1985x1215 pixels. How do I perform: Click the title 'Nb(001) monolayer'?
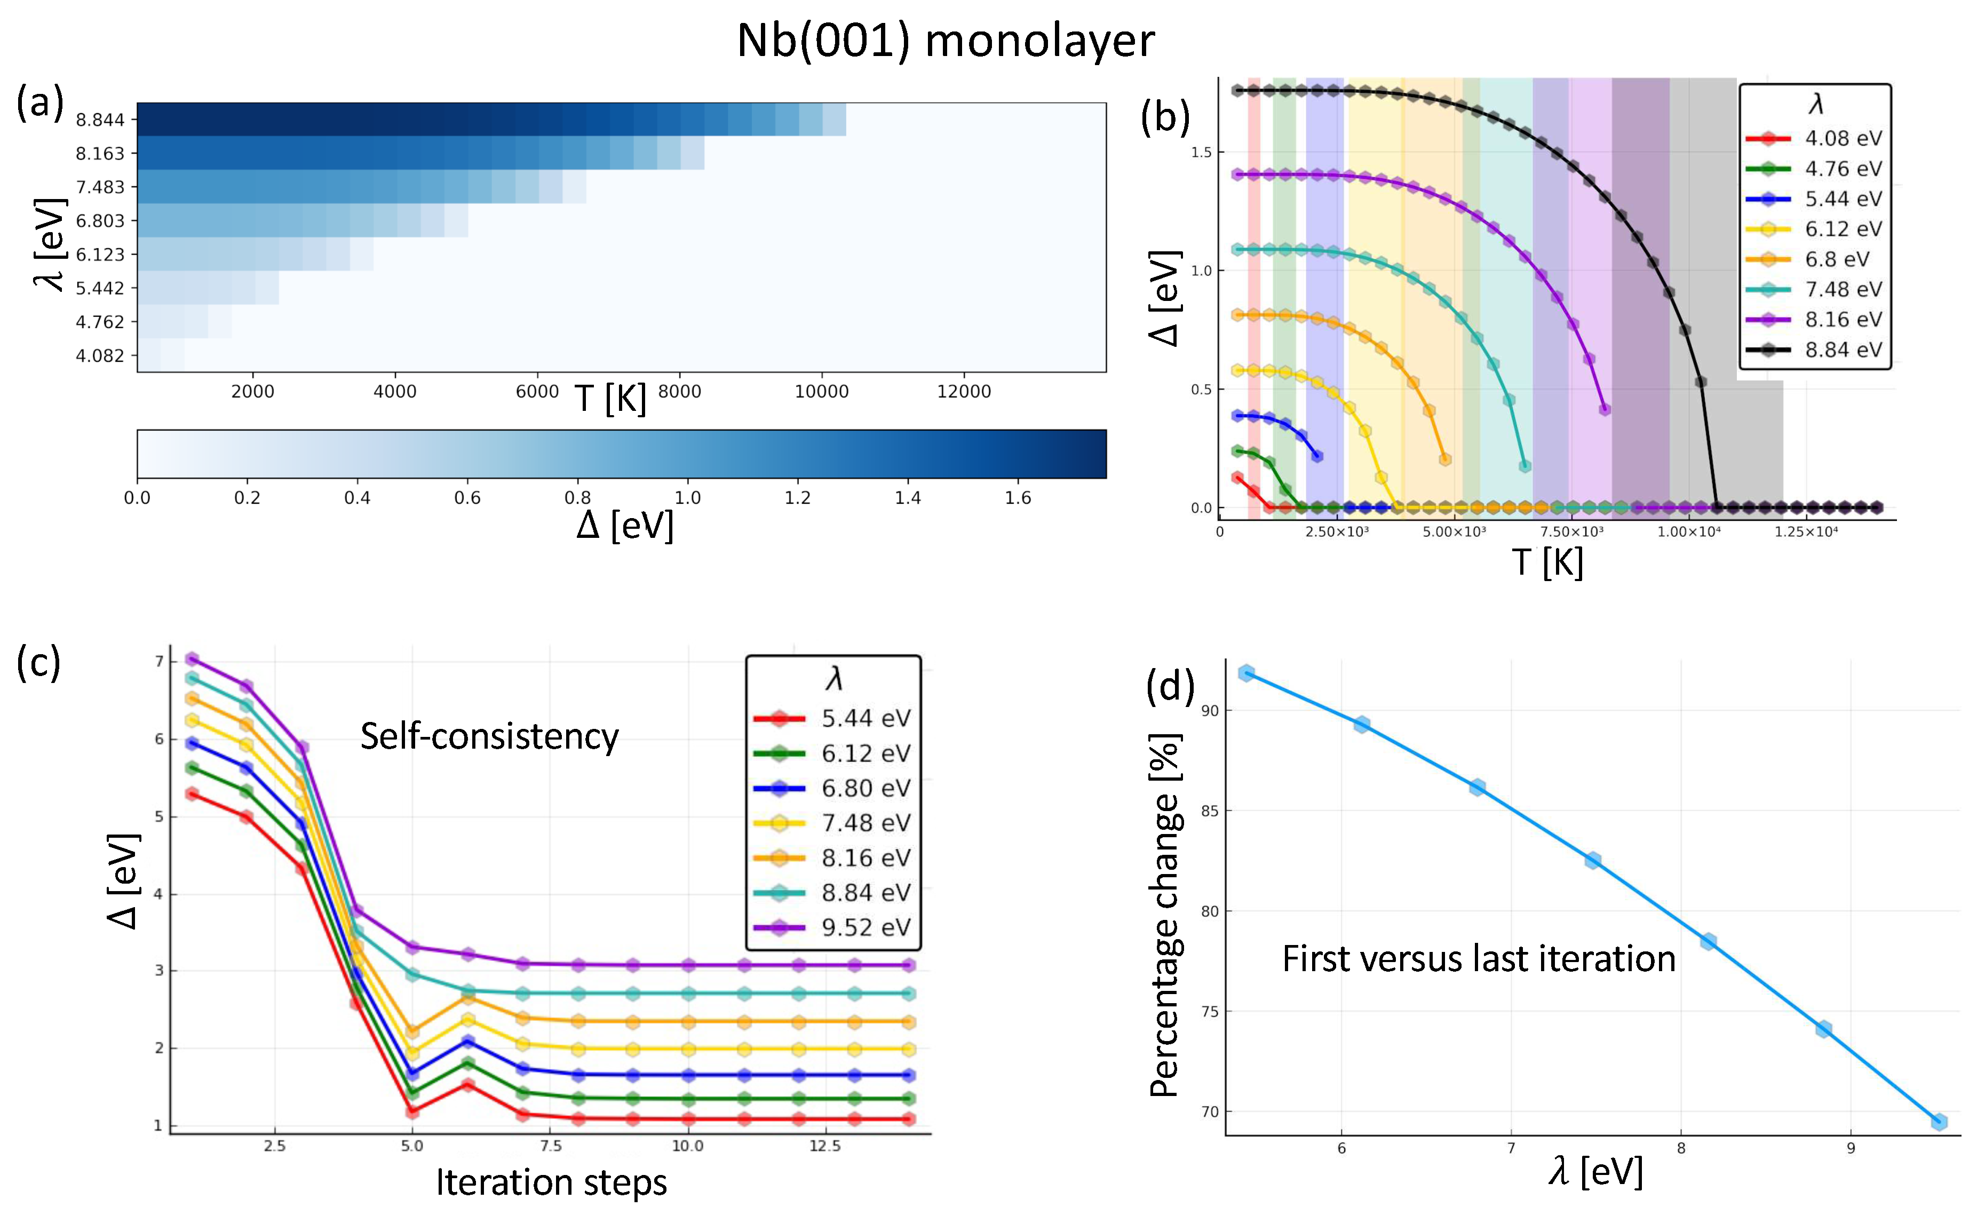tap(945, 40)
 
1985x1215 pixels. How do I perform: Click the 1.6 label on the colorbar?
tap(1018, 498)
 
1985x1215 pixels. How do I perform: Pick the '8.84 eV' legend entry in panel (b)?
tap(1843, 350)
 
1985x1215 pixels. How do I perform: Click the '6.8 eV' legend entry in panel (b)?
tap(1836, 259)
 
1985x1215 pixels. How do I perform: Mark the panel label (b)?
tap(1165, 117)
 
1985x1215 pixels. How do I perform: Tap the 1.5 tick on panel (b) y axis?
tap(1201, 152)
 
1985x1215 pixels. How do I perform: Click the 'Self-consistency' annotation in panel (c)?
tap(489, 736)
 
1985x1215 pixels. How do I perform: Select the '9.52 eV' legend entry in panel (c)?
tap(865, 927)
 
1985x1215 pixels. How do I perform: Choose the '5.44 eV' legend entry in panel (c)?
tap(865, 718)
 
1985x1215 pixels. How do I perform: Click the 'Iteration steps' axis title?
tap(551, 1182)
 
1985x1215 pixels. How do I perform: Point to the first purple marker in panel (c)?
tap(192, 659)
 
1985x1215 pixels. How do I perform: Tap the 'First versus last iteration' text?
tap(1478, 959)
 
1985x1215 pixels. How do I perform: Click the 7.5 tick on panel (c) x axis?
tap(550, 1146)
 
